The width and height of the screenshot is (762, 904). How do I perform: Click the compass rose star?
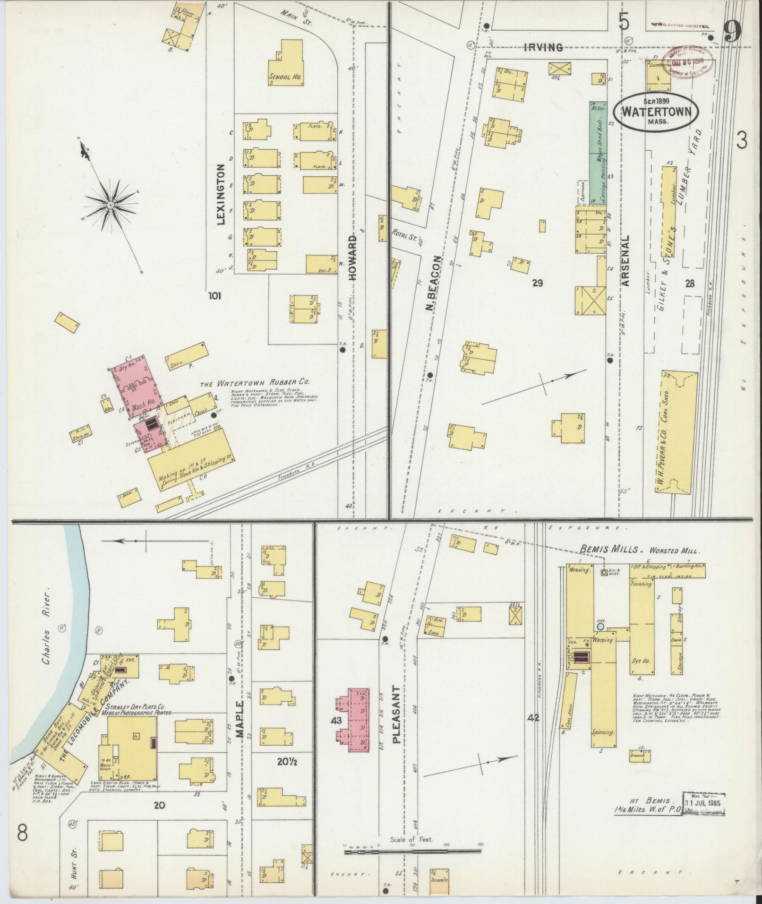coord(110,205)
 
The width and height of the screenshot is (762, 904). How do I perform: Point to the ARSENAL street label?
coord(626,260)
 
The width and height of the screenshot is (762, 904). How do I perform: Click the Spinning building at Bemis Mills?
coord(603,732)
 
